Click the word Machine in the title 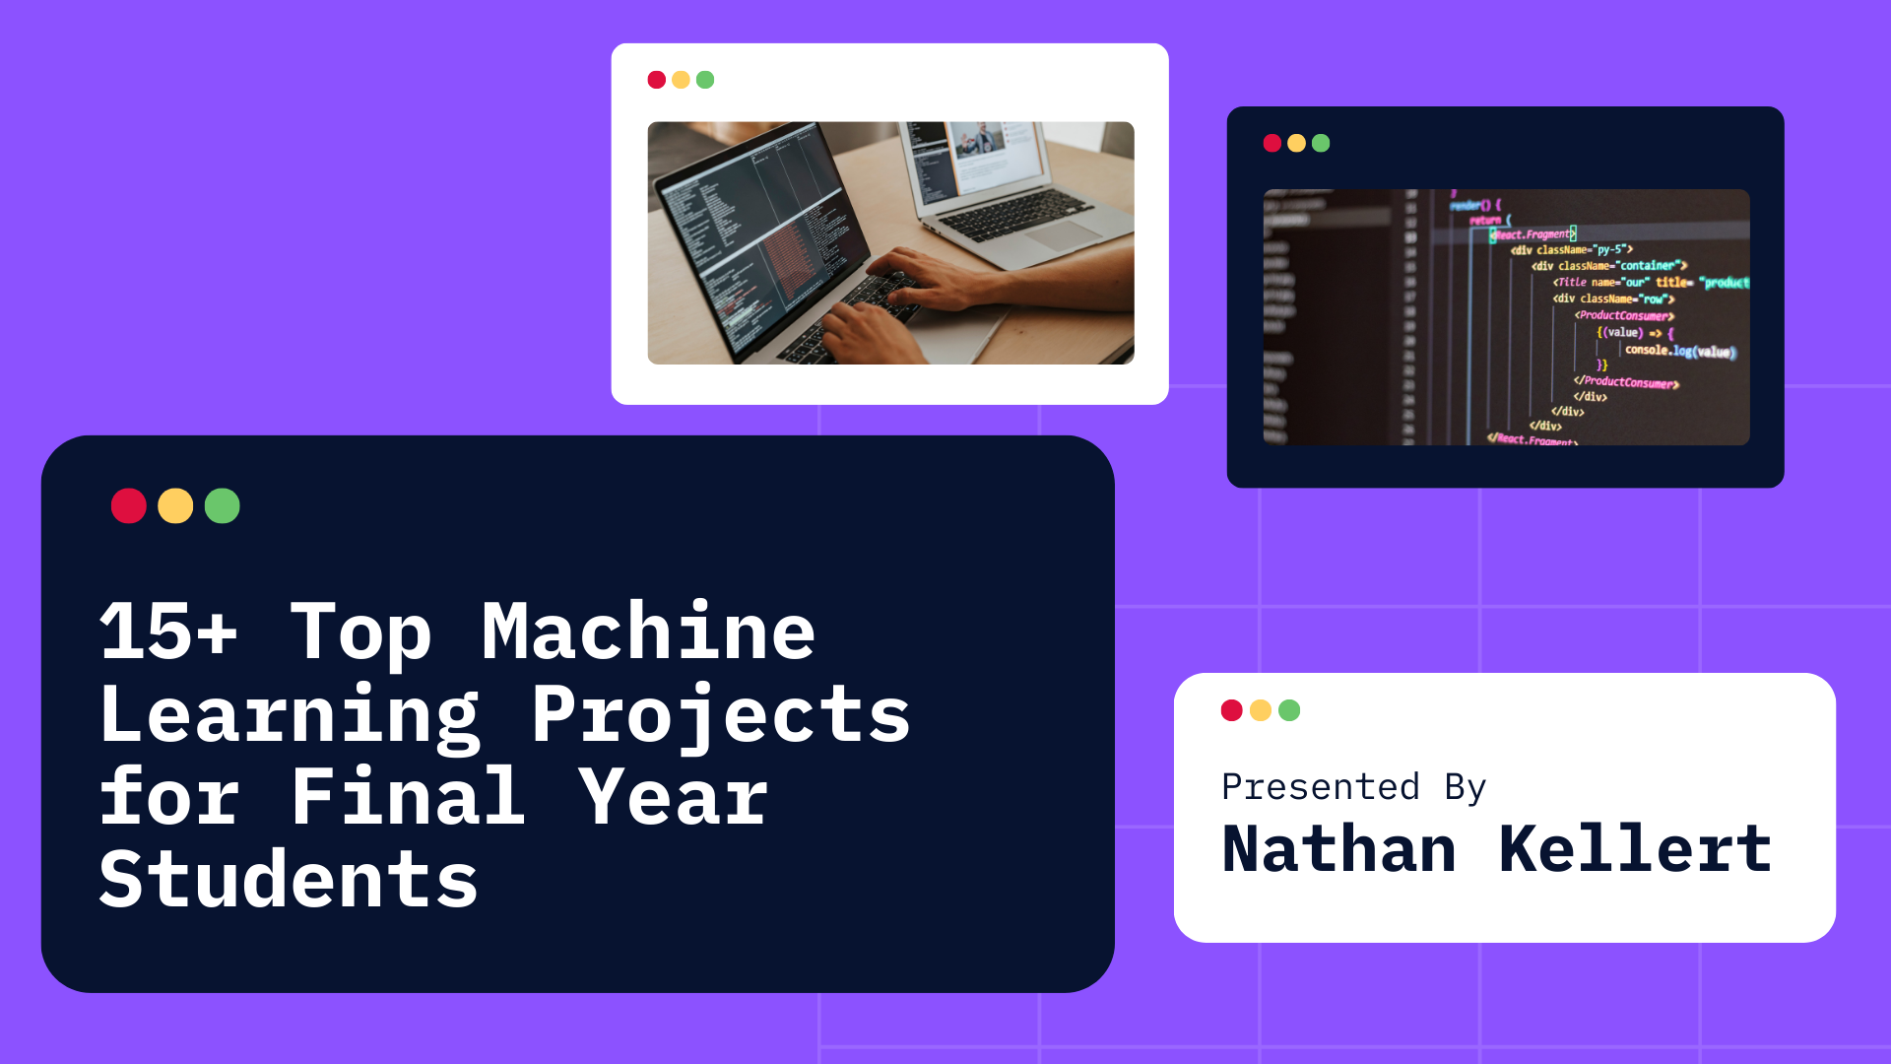[x=648, y=632]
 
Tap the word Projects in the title [x=721, y=715]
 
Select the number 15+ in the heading [x=168, y=632]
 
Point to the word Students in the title [x=289, y=880]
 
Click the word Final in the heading [x=408, y=797]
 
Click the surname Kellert [x=1635, y=849]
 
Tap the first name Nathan [x=1339, y=849]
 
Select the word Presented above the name [x=1321, y=787]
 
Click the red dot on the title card [x=129, y=506]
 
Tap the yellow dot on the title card [x=175, y=506]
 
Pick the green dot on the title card [x=223, y=506]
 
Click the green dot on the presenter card [x=1289, y=710]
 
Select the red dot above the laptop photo [x=657, y=80]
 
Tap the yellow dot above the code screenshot [x=1296, y=144]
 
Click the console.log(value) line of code [x=1679, y=351]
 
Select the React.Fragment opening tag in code [x=1532, y=234]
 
